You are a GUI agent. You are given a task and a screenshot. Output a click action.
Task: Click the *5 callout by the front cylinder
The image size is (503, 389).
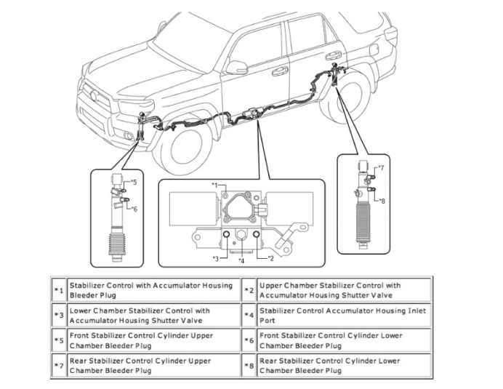tap(132, 183)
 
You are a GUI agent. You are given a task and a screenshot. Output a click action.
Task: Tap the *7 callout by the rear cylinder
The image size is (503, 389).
tap(381, 168)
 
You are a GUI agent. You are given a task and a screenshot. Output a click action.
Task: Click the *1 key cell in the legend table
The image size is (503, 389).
tap(58, 290)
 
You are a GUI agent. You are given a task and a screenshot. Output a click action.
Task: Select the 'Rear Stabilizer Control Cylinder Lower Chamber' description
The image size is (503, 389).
tap(331, 365)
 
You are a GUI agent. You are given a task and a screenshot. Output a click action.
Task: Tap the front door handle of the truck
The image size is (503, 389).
tap(280, 71)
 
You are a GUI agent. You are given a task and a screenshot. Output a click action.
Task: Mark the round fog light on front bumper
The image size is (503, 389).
tap(129, 136)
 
